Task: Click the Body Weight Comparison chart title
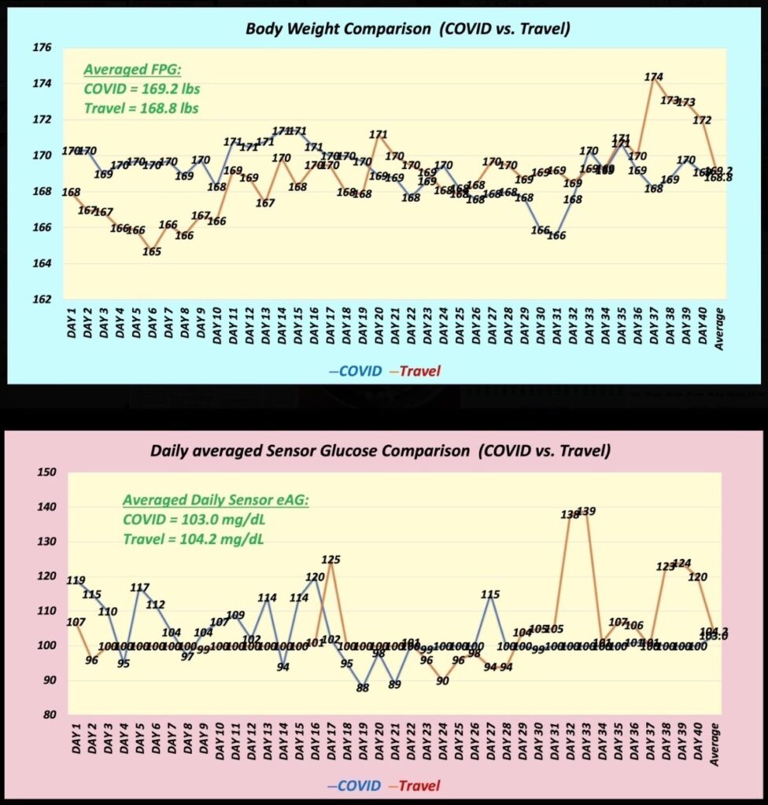pyautogui.click(x=408, y=29)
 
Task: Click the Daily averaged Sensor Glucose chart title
pyautogui.click(x=380, y=452)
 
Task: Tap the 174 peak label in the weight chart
pyautogui.click(x=653, y=77)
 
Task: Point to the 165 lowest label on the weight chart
pyautogui.click(x=152, y=252)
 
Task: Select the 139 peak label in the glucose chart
pyautogui.click(x=586, y=511)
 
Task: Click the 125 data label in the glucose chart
pyautogui.click(x=331, y=560)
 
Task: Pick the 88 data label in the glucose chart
pyautogui.click(x=362, y=688)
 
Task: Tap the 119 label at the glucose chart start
pyautogui.click(x=76, y=580)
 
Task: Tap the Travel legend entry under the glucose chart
pyautogui.click(x=419, y=785)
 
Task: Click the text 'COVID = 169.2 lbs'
pyautogui.click(x=141, y=88)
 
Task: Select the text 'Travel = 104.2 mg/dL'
pyautogui.click(x=193, y=539)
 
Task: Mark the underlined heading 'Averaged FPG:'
pyautogui.click(x=132, y=68)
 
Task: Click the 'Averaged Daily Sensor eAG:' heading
pyautogui.click(x=215, y=500)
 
